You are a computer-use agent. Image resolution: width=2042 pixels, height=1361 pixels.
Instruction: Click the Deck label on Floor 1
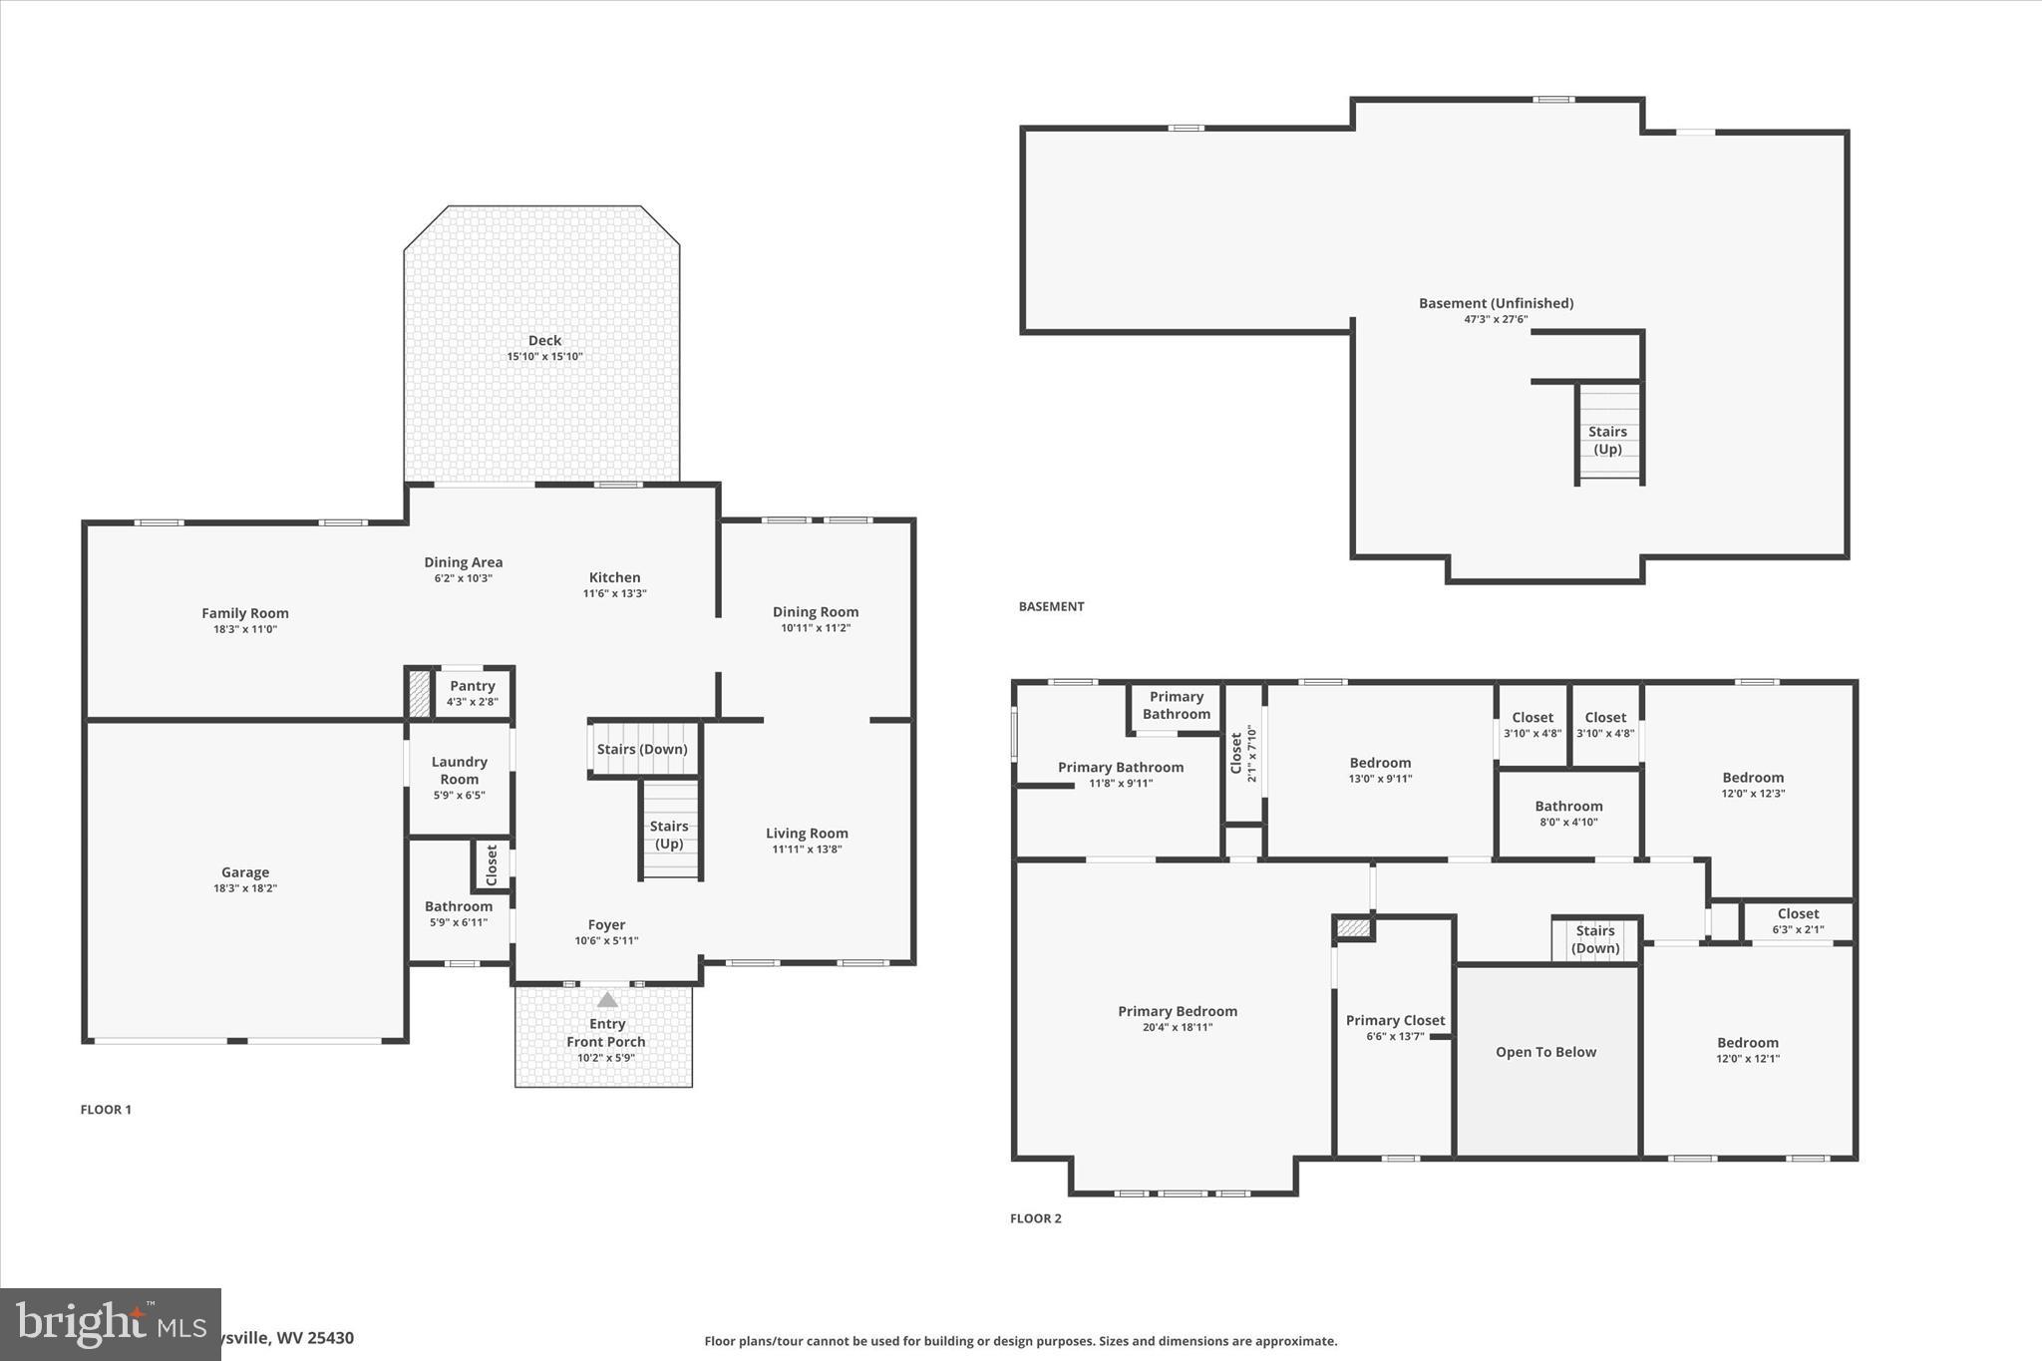point(544,341)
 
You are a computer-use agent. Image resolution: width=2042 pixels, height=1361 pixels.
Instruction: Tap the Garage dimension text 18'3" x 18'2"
point(245,888)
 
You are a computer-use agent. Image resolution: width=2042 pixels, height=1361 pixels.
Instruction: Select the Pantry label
point(473,686)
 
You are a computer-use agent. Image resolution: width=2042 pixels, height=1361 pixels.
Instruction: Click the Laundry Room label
point(460,770)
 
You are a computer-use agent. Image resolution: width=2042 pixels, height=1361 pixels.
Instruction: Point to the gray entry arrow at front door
point(607,1000)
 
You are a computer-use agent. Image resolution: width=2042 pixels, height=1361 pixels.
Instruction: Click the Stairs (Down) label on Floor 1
point(642,750)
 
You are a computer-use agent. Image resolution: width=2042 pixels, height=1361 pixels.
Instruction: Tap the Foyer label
point(606,925)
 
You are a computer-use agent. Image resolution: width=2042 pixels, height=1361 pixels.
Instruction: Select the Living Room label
point(807,834)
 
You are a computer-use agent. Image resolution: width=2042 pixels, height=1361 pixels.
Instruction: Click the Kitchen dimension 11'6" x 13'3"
point(614,593)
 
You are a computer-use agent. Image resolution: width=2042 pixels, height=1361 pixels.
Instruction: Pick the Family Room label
point(245,614)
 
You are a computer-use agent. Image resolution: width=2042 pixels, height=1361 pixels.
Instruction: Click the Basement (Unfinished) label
point(1496,303)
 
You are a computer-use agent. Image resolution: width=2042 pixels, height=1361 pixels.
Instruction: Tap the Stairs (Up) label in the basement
point(1607,440)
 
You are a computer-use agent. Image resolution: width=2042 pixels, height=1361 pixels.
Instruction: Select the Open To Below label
point(1545,1052)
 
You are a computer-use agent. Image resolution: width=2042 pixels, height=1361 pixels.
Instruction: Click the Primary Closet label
point(1395,1020)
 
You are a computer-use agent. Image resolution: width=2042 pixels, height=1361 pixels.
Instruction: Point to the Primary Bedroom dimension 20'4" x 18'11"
point(1178,1027)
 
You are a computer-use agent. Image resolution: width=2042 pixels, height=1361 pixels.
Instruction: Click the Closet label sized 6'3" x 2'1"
point(1798,913)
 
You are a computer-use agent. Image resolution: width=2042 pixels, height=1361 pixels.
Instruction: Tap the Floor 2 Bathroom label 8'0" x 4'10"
point(1568,807)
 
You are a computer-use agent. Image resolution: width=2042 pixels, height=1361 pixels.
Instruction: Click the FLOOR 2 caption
point(1036,1218)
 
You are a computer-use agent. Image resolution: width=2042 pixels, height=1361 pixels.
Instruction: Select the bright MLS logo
point(110,1324)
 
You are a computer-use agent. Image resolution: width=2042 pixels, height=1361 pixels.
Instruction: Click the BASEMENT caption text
point(1051,606)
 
